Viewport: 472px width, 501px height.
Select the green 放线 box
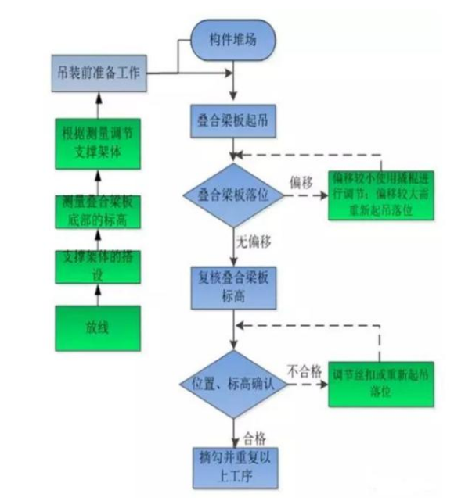pyautogui.click(x=97, y=328)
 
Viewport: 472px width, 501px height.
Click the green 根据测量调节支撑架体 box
pyautogui.click(x=98, y=142)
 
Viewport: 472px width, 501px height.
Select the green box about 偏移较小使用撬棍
pyautogui.click(x=380, y=195)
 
